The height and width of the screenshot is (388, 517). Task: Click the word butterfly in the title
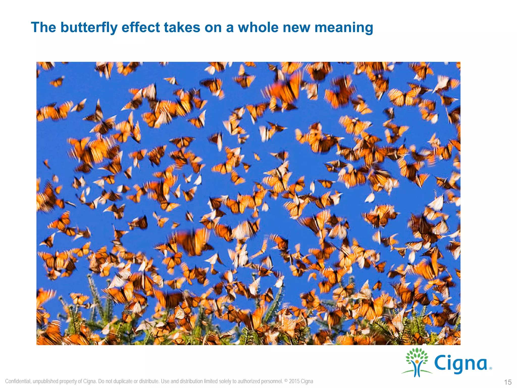[89, 28]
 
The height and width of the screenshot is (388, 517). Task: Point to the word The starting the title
[43, 28]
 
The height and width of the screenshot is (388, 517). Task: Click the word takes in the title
[182, 28]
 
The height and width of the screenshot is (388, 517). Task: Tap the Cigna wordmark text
[460, 364]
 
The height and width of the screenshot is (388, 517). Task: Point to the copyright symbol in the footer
[286, 380]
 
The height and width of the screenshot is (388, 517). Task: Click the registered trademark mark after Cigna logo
[490, 369]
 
